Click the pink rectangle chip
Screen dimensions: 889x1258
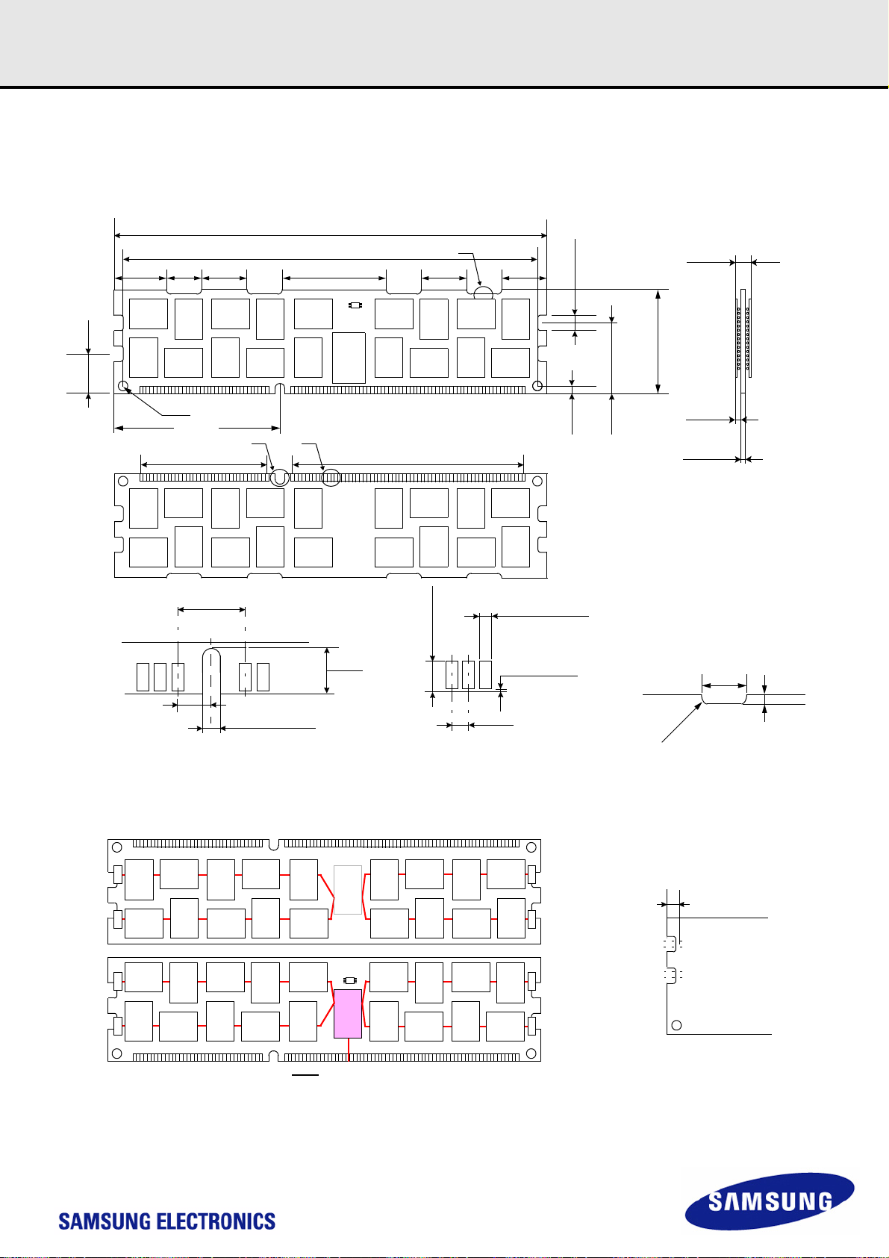tap(348, 1013)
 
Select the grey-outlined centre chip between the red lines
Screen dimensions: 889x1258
tap(348, 889)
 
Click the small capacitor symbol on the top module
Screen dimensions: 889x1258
tap(356, 305)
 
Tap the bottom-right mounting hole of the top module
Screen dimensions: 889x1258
tap(537, 386)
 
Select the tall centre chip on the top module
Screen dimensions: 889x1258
tap(349, 358)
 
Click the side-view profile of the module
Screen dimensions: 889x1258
tap(743, 336)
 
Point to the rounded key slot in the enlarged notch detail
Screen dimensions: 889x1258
tap(212, 683)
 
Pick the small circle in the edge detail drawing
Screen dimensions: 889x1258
tap(676, 1024)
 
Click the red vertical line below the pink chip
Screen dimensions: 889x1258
tap(349, 1050)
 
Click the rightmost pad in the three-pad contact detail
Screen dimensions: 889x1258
tap(485, 674)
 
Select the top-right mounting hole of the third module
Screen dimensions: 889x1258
tap(531, 847)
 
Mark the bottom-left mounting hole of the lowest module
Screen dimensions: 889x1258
tap(116, 1054)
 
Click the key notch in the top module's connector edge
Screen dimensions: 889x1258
tap(280, 389)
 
